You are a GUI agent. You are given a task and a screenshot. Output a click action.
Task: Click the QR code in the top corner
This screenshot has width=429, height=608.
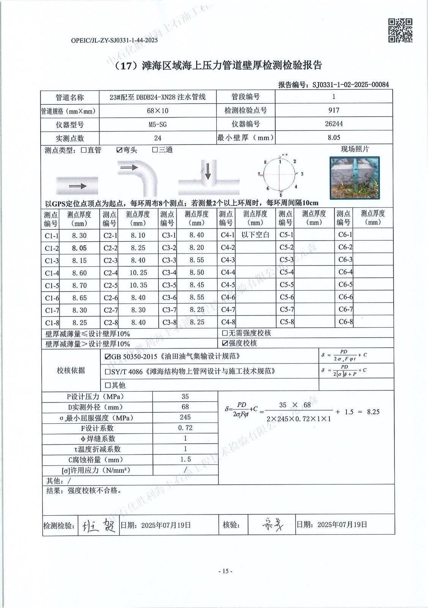(x=400, y=30)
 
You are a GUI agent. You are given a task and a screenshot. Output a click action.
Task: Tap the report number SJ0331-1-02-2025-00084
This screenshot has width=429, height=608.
(x=350, y=85)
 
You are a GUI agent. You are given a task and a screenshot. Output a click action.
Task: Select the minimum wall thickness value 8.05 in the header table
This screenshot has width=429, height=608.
(x=334, y=138)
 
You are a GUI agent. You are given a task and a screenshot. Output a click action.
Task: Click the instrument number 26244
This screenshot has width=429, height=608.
(x=334, y=124)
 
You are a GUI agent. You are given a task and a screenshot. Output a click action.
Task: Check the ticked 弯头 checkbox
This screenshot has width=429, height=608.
(x=119, y=150)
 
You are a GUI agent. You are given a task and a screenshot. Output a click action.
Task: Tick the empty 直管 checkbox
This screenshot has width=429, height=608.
(x=84, y=150)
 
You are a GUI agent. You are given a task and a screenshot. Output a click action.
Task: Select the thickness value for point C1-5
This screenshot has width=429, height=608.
(x=79, y=285)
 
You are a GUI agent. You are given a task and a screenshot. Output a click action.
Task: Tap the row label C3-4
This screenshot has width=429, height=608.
(x=169, y=273)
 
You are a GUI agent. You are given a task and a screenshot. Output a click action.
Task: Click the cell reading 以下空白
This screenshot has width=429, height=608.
(x=255, y=235)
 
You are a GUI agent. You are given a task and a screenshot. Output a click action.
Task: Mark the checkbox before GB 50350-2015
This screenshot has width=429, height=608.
(x=107, y=357)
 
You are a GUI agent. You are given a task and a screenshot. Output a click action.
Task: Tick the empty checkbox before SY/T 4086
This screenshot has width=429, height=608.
(x=107, y=371)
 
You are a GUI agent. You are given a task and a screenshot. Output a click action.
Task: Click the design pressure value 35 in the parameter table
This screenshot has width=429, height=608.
(x=185, y=396)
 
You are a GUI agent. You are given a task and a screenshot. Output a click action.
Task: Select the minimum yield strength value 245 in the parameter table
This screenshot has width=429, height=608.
(x=185, y=417)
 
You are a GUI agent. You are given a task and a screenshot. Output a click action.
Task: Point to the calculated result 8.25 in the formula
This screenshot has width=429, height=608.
(x=373, y=412)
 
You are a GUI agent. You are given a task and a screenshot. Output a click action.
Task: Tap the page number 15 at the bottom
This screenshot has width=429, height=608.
(x=225, y=571)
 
